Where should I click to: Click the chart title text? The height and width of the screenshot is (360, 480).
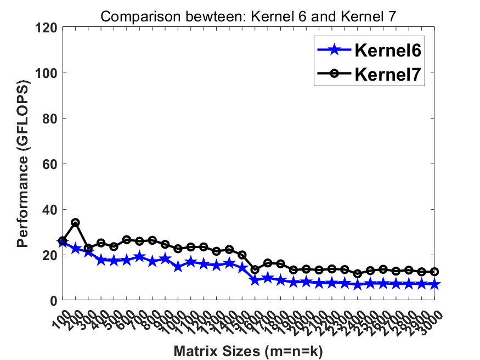(249, 16)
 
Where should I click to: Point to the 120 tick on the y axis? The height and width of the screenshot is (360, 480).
(48, 27)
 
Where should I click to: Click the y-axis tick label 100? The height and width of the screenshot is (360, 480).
(48, 72)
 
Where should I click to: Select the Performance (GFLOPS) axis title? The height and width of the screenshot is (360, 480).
(22, 164)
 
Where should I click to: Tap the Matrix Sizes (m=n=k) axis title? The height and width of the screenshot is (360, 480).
(249, 350)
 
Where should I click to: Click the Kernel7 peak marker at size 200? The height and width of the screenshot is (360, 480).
(75, 223)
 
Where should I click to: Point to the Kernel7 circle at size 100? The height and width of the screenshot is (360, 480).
(63, 241)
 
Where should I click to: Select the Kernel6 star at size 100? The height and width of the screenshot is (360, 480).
(63, 243)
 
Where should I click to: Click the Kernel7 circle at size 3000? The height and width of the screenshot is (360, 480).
(434, 272)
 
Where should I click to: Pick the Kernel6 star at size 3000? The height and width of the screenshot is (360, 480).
(434, 284)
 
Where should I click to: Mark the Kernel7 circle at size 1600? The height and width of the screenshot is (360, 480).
(255, 269)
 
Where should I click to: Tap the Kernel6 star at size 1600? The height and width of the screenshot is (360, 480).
(255, 280)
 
